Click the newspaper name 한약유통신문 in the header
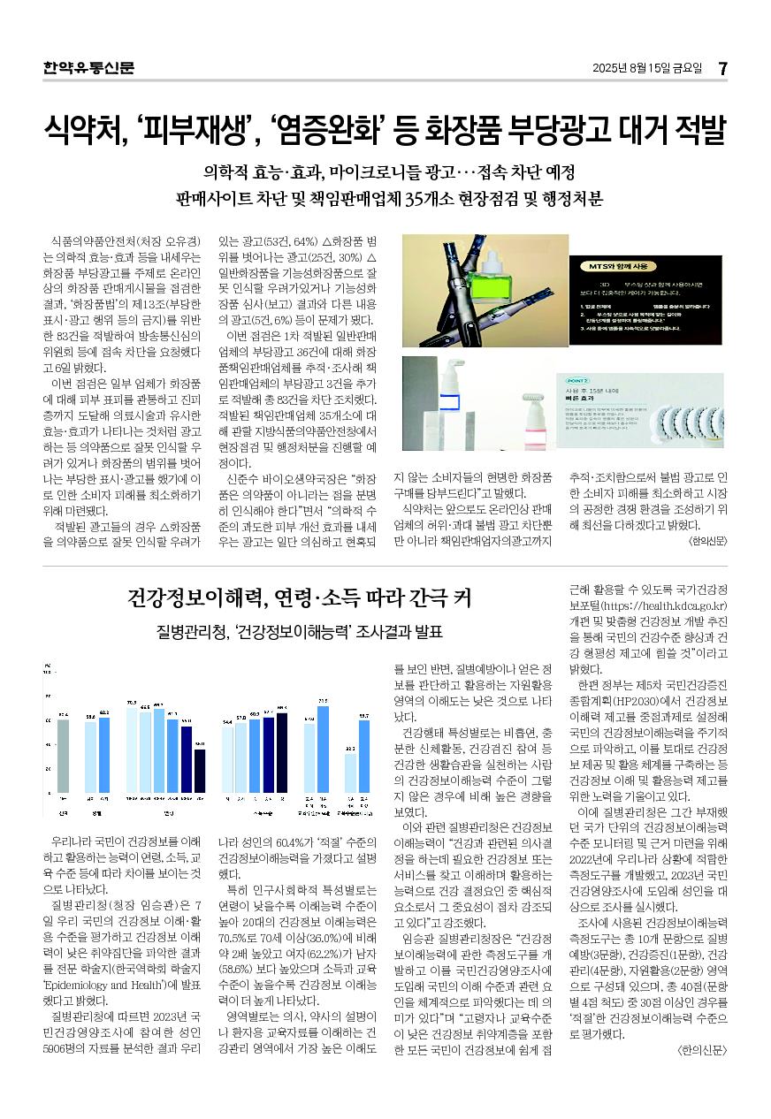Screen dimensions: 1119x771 click(x=88, y=67)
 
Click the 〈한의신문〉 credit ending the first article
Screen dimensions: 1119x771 click(x=705, y=540)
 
